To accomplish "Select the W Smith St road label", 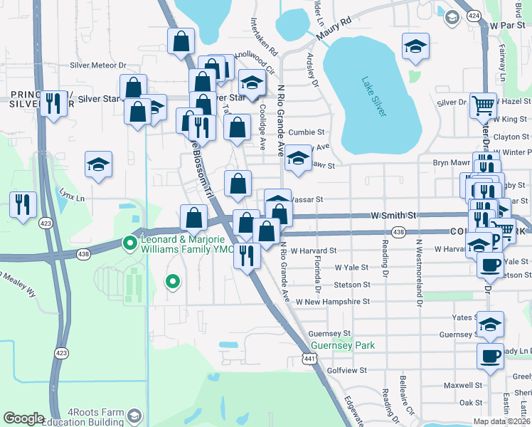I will click(393, 214).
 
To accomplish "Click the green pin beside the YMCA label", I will click(130, 243).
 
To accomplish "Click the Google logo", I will click(23, 418).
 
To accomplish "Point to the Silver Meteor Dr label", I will click(97, 65).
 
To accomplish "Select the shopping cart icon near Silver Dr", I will click(484, 106).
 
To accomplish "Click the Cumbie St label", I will click(307, 132).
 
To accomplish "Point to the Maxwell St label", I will click(463, 385).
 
